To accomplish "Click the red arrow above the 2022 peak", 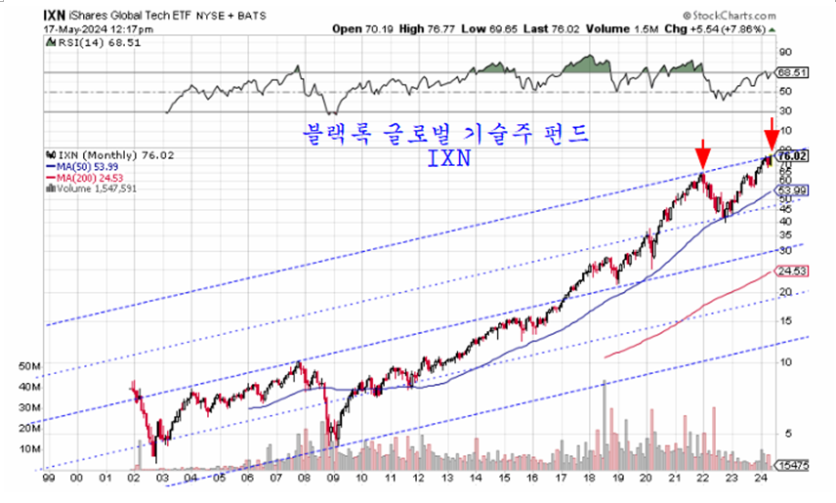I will (x=700, y=154).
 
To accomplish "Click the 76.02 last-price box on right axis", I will (x=792, y=155).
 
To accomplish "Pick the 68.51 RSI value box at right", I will (x=791, y=72).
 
